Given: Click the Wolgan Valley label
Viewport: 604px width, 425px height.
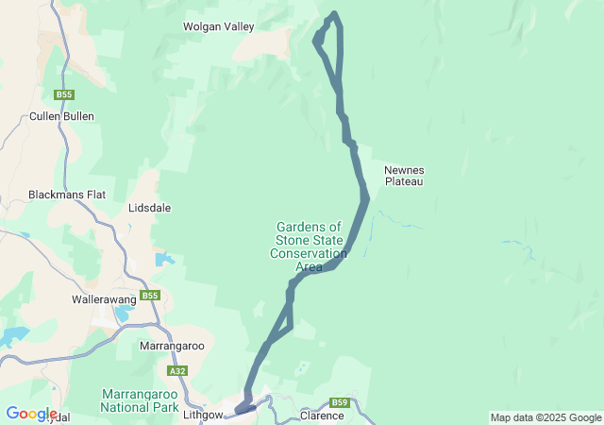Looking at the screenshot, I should [218, 27].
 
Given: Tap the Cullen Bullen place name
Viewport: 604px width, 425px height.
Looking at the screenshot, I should [61, 116].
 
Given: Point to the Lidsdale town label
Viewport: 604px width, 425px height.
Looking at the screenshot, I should [149, 207].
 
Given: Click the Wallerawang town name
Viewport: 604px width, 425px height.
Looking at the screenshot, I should [108, 299].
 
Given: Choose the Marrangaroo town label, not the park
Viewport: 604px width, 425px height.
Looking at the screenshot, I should [172, 347].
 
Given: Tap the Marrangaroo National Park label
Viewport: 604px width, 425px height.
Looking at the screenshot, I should [140, 400].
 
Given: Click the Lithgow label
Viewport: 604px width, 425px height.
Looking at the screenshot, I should [203, 415].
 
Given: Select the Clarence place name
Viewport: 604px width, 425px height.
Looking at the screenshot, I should [321, 416].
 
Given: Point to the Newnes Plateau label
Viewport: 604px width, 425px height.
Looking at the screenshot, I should [403, 176].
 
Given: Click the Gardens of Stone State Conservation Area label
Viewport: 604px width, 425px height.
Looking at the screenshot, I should [309, 246].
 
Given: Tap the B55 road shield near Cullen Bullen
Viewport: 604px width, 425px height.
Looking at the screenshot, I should [64, 94].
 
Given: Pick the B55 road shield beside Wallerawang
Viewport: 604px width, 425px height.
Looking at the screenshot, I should [149, 296].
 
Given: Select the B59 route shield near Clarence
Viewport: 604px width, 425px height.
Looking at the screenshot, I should [341, 403].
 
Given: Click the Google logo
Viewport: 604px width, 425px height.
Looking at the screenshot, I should [30, 413].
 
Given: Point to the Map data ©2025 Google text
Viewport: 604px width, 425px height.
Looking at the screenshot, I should [545, 417].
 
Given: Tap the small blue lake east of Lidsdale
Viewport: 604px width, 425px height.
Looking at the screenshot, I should [165, 259].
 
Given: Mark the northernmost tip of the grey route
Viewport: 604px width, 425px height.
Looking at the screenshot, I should [333, 14].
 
